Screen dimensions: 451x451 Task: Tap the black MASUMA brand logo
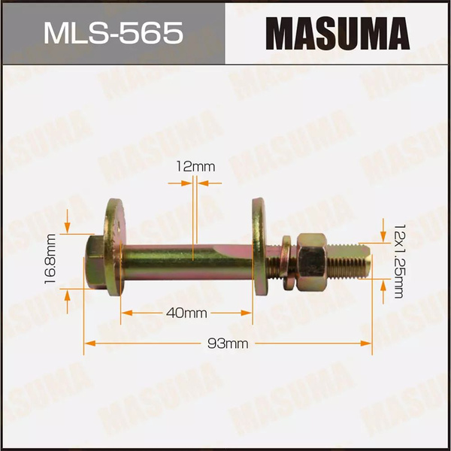pos(337,33)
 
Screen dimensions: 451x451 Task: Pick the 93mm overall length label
pos(228,344)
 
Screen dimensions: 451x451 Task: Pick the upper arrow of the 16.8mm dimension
pos(68,224)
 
